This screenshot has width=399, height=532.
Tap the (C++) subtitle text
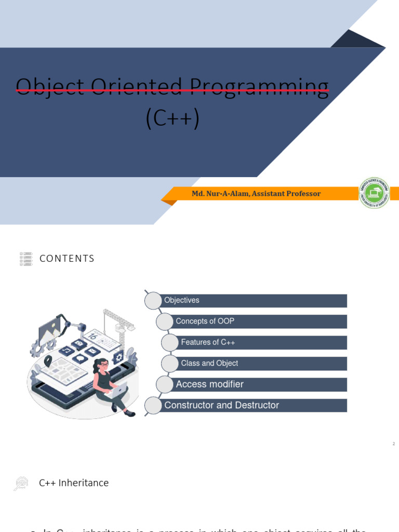pyautogui.click(x=172, y=119)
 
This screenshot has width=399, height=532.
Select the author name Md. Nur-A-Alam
pyautogui.click(x=220, y=194)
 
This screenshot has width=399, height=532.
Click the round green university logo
pyautogui.click(x=374, y=193)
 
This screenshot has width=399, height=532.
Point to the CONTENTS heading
pyautogui.click(x=67, y=259)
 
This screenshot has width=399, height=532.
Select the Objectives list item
pyautogui.click(x=182, y=300)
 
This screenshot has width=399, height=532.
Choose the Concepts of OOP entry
pyautogui.click(x=205, y=321)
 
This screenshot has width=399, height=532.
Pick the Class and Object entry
pyautogui.click(x=209, y=363)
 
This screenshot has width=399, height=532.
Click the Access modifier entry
pyautogui.click(x=210, y=384)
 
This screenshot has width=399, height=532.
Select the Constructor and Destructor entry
pyautogui.click(x=222, y=405)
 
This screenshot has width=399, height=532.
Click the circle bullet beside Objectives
pyautogui.click(x=153, y=301)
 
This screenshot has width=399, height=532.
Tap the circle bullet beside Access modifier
pyautogui.click(x=165, y=384)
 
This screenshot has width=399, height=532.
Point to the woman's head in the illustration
pyautogui.click(x=102, y=365)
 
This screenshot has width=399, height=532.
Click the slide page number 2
pyautogui.click(x=394, y=444)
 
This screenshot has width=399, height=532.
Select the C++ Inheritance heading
pyautogui.click(x=74, y=483)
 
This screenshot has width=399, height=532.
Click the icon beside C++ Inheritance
pyautogui.click(x=21, y=484)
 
